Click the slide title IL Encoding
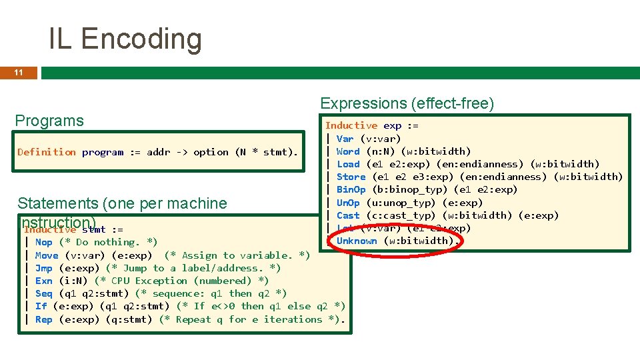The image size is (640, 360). [x=125, y=39]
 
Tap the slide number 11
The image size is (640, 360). [x=19, y=72]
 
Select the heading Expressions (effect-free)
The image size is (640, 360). [x=407, y=103]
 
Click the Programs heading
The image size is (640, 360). [x=49, y=121]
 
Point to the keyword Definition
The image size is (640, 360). [x=47, y=152]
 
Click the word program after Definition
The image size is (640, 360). [x=103, y=152]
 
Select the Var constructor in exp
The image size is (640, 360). [x=345, y=139]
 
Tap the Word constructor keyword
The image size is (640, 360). [x=348, y=151]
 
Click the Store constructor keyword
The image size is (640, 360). [x=351, y=177]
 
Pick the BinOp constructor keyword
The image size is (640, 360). [x=351, y=189]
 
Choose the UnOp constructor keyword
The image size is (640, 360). [x=348, y=203]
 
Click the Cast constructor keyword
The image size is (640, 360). [x=348, y=215]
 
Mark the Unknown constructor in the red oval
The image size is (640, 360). [x=357, y=241]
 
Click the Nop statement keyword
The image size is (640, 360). [x=43, y=242]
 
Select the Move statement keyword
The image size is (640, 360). [x=47, y=255]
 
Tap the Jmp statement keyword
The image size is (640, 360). [x=43, y=268]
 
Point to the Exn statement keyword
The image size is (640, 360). [x=43, y=281]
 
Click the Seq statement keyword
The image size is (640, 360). [x=43, y=293]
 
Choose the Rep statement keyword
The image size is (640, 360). [x=43, y=319]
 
